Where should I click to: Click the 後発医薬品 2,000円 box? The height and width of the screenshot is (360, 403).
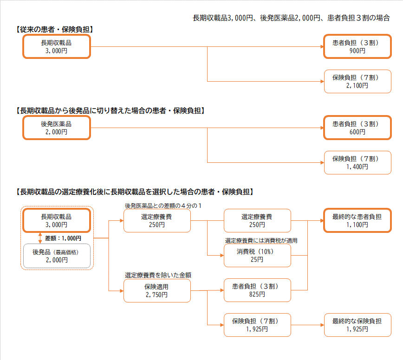point(56,128)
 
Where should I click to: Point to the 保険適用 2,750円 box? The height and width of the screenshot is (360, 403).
point(156,290)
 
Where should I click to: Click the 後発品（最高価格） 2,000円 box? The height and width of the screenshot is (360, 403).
point(56,256)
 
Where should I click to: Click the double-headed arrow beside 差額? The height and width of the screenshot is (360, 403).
point(40,238)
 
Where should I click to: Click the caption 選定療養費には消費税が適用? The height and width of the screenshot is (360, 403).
point(261,240)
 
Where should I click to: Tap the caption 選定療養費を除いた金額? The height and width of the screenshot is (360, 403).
point(158,275)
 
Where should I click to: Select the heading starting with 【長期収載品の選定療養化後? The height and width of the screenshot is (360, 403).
point(135,192)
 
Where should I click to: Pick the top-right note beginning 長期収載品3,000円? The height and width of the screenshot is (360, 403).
point(291,18)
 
